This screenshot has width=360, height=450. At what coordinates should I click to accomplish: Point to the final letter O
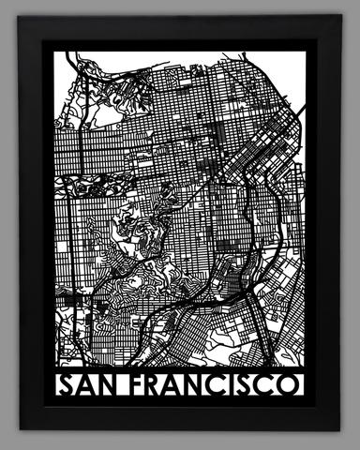click(291, 385)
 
